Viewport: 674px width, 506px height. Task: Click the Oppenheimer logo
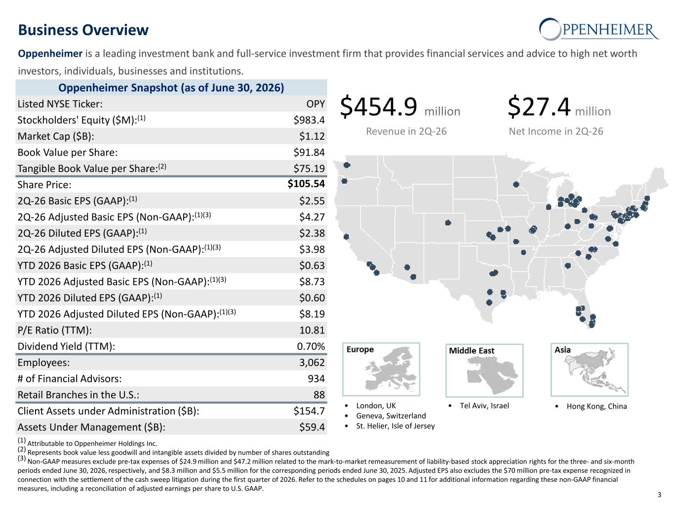[x=599, y=29]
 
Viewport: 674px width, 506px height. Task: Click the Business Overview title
[x=83, y=30]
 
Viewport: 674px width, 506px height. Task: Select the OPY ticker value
[x=316, y=104]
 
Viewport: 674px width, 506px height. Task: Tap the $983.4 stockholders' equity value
[x=309, y=120]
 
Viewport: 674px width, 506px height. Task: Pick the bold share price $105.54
[x=306, y=184]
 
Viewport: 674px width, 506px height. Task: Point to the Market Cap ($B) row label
[x=56, y=136]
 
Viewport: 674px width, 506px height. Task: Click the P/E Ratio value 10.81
[x=312, y=330]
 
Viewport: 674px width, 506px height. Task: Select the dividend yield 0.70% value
[x=311, y=346]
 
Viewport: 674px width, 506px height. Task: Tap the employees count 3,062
[x=312, y=363]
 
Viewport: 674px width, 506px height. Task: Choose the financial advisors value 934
[x=317, y=379]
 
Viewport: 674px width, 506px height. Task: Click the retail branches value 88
[x=319, y=395]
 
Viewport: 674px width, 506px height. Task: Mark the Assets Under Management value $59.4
[x=312, y=427]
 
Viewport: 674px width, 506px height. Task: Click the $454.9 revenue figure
[x=379, y=106]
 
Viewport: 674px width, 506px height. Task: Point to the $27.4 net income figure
[x=539, y=106]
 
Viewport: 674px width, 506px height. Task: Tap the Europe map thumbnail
[x=381, y=369]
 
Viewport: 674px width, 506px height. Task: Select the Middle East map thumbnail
[x=484, y=370]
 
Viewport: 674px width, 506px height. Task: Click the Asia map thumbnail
[x=589, y=370]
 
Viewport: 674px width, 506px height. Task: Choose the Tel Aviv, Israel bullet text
[x=484, y=406]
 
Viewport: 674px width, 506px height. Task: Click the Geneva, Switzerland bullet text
[x=391, y=416]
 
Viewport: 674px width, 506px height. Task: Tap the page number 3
[x=659, y=495]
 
